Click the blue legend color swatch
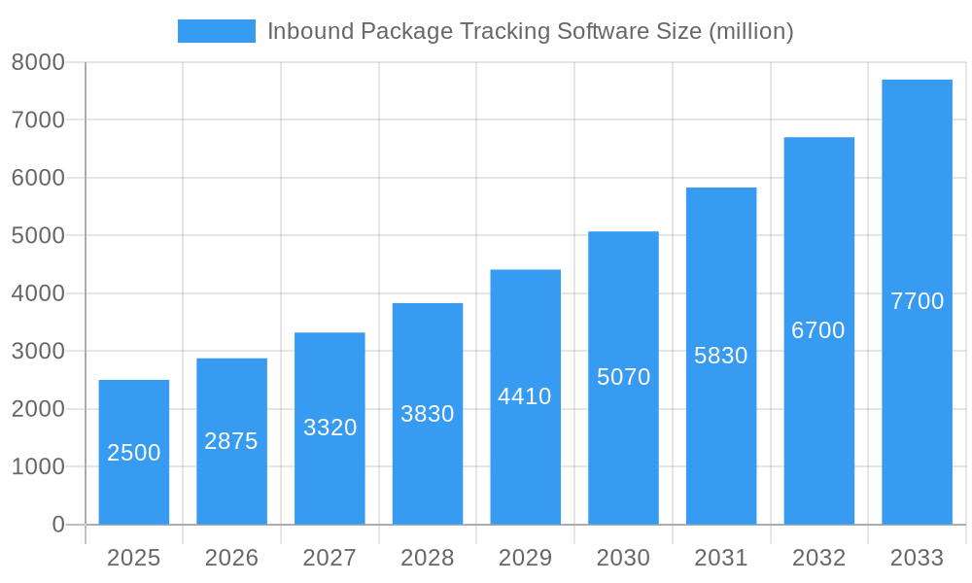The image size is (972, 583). click(x=216, y=31)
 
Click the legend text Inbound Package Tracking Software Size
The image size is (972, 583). click(x=530, y=31)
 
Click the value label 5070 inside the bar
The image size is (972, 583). click(x=623, y=377)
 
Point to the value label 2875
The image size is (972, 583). click(x=231, y=441)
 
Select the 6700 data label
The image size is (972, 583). click(x=817, y=330)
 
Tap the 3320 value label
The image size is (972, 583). click(x=330, y=428)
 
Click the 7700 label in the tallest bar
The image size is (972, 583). click(x=917, y=301)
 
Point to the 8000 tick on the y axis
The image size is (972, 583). click(x=38, y=62)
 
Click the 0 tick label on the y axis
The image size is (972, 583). click(x=58, y=525)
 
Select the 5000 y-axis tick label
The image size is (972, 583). click(x=38, y=235)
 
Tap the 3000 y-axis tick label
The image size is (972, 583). click(x=38, y=351)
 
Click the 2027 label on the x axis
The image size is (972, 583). click(x=330, y=558)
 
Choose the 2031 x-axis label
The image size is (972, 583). click(x=721, y=558)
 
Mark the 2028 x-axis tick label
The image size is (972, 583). click(x=428, y=558)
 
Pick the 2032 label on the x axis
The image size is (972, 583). click(x=818, y=558)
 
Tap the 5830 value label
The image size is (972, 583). click(x=720, y=356)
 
